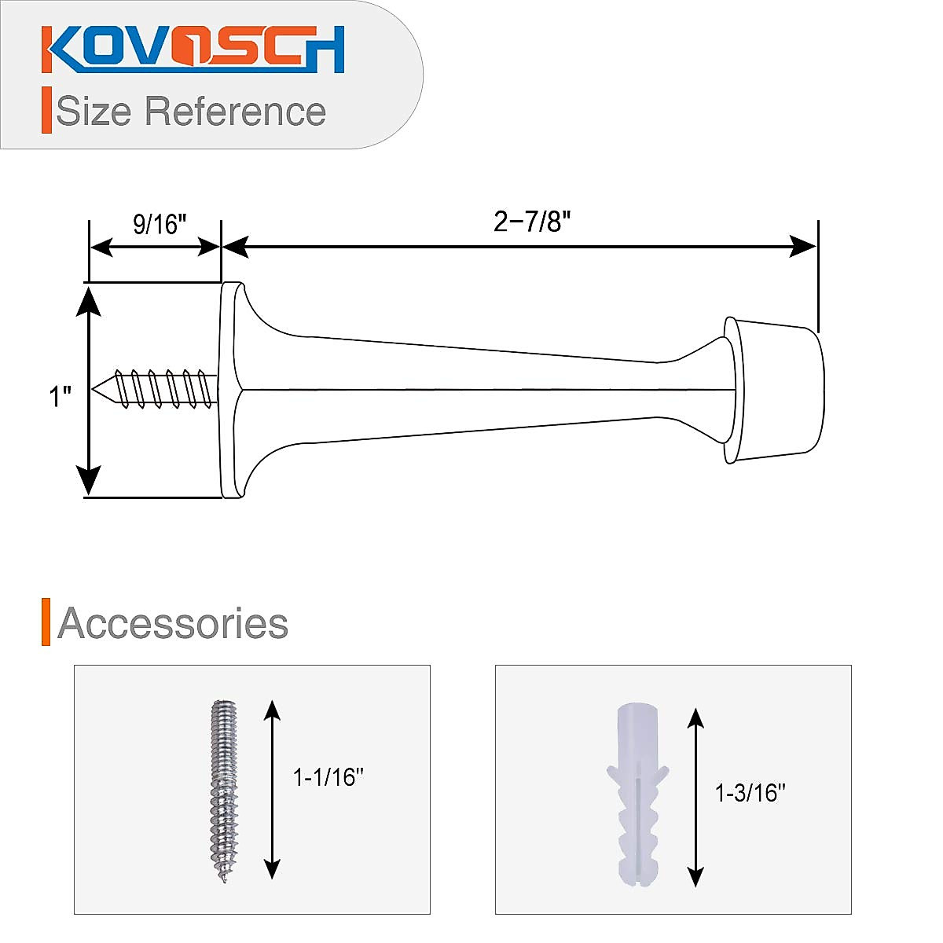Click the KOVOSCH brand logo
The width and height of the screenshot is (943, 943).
click(193, 50)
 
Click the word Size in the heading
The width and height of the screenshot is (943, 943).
click(94, 112)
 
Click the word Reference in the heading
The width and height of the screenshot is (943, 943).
click(235, 112)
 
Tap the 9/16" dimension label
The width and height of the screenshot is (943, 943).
click(160, 225)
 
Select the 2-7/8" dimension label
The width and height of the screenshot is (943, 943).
click(531, 222)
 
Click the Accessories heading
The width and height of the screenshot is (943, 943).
click(173, 623)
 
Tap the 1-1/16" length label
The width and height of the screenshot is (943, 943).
click(328, 778)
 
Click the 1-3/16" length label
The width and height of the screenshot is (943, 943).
click(750, 793)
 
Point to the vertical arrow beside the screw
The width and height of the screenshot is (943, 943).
click(272, 790)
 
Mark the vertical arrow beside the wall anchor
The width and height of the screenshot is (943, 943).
click(695, 796)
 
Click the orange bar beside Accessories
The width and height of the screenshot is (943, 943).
click(46, 622)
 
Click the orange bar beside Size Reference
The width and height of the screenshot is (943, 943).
click(46, 111)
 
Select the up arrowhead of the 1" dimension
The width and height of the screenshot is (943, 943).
click(89, 301)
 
